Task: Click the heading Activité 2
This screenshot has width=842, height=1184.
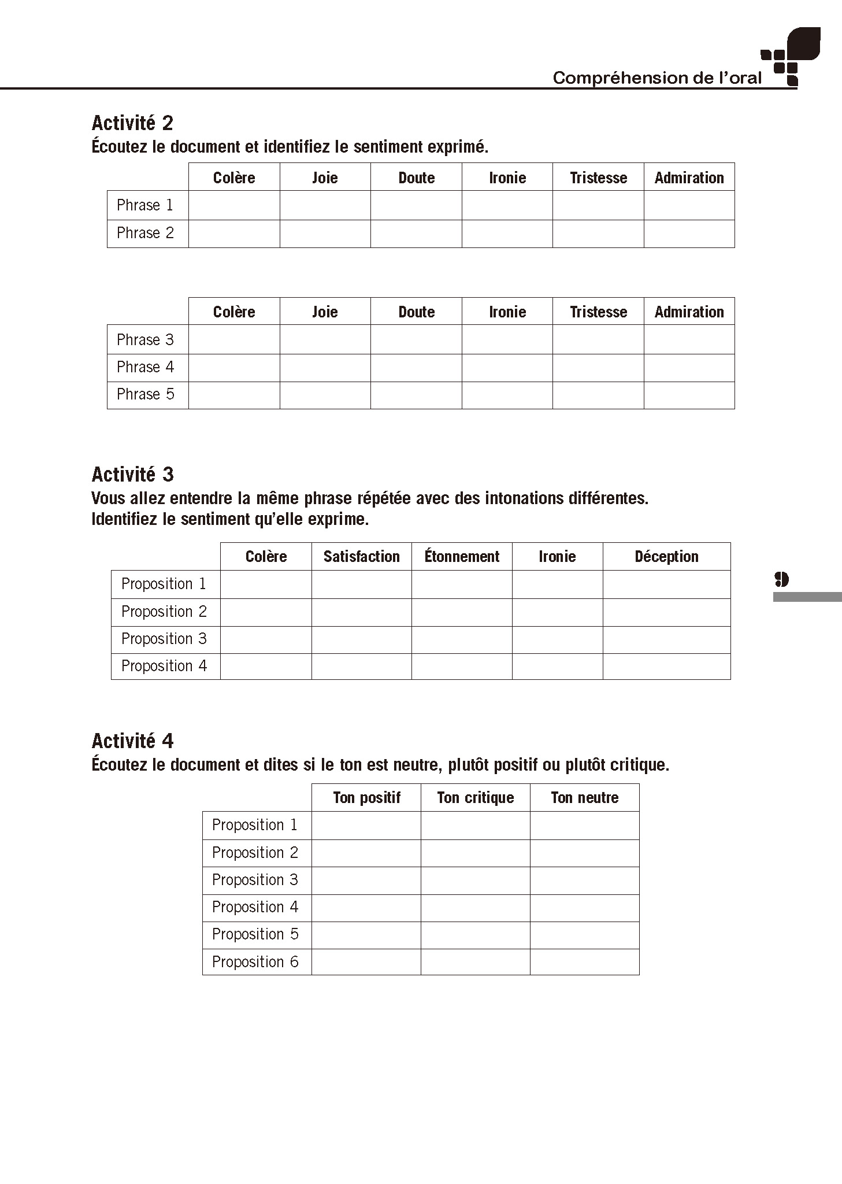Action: pos(132,123)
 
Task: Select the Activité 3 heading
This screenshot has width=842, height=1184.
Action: pos(132,475)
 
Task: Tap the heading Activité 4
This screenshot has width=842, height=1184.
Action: pos(132,741)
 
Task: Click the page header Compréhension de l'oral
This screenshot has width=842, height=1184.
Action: pos(657,78)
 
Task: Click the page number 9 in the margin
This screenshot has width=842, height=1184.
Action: pos(781,579)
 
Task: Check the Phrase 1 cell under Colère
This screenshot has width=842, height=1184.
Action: pos(234,205)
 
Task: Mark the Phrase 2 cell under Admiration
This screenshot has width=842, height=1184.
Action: pos(689,234)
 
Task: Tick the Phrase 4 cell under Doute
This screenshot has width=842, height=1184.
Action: pos(416,368)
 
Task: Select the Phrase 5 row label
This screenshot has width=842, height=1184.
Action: pos(146,395)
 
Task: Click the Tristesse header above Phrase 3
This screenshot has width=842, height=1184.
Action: pos(598,312)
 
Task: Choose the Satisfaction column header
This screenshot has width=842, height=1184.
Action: pos(361,557)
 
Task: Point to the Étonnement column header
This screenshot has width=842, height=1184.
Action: pos(462,557)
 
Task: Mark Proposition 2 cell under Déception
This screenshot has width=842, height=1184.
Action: pos(666,612)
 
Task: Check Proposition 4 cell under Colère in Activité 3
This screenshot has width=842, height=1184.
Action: pos(266,667)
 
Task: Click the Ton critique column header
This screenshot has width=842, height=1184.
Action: pos(475,798)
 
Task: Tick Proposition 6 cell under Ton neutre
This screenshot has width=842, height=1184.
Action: pos(584,962)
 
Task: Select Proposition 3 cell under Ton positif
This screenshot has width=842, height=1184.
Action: pos(366,880)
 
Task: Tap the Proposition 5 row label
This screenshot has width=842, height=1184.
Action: pos(255,935)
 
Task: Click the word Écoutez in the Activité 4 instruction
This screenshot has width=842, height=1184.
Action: pos(119,765)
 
